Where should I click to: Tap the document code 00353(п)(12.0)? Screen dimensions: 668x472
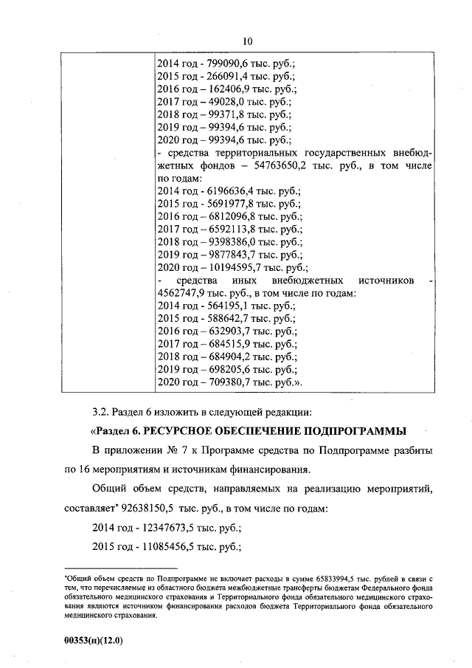92,641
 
